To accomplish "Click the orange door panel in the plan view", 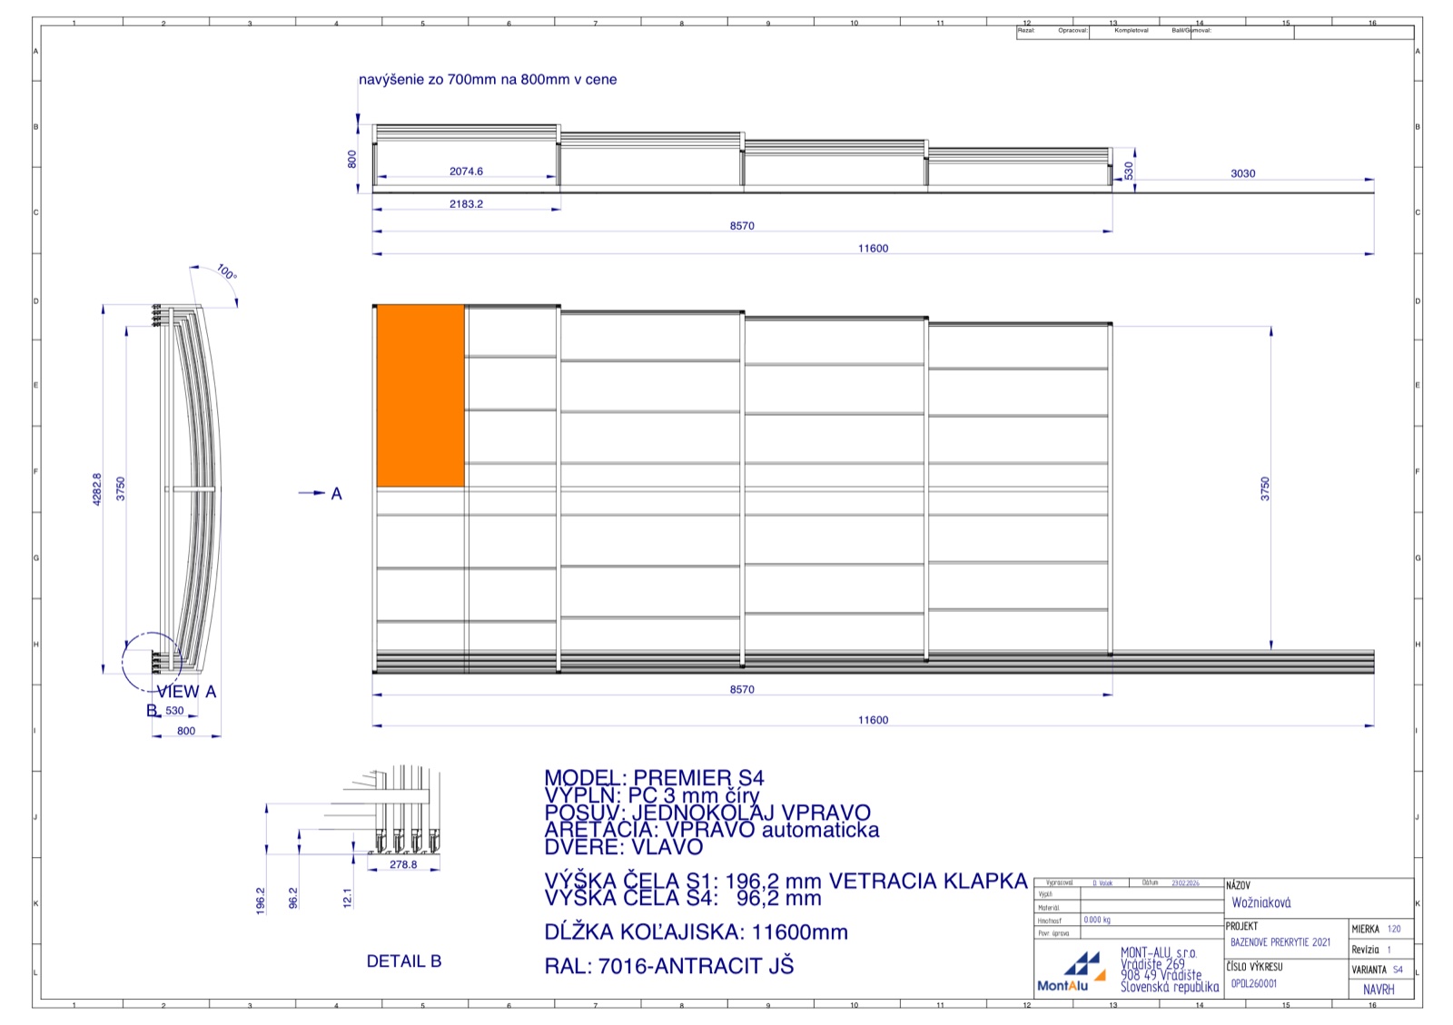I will click(420, 396).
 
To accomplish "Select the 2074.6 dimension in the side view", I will click(466, 171).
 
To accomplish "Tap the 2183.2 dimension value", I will click(466, 204).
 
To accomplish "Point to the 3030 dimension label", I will click(1242, 173).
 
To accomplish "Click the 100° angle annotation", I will click(226, 271).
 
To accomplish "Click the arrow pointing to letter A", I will click(311, 493).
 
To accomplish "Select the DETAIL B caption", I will click(403, 961).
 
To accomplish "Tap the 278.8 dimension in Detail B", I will click(403, 864).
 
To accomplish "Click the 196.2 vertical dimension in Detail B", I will click(261, 900).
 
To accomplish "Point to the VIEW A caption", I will click(186, 692).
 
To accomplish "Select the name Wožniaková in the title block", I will click(1260, 902).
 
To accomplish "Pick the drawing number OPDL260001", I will click(1253, 983).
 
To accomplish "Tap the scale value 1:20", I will click(1394, 929).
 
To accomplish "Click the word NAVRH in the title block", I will click(1378, 990).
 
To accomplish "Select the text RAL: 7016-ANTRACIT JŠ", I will click(668, 966).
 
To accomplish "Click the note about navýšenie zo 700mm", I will click(488, 80).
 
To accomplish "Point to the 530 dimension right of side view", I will click(1129, 170).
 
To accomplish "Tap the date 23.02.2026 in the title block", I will click(1184, 882).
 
